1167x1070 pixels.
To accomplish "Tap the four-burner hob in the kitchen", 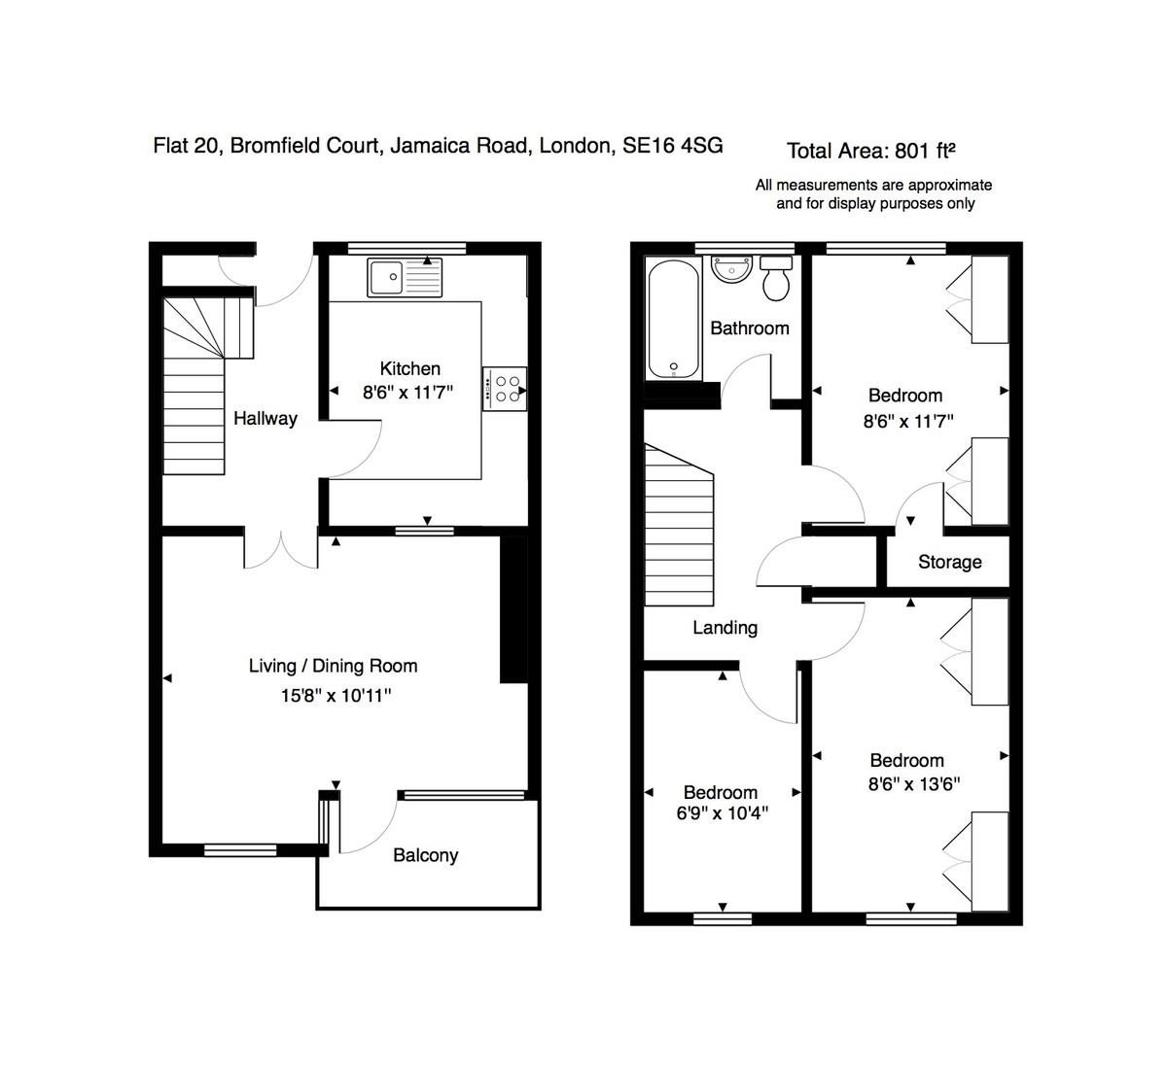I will click(505, 389).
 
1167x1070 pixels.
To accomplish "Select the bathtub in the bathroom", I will click(673, 320).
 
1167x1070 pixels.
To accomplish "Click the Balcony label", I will click(425, 855).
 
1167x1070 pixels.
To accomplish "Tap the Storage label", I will click(949, 562).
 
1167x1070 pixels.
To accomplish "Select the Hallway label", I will click(265, 419).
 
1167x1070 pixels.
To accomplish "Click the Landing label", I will click(725, 628).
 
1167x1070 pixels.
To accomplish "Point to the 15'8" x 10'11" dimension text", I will click(336, 696).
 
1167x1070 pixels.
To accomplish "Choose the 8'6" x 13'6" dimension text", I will click(913, 783).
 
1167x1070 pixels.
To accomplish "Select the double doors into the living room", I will click(280, 549).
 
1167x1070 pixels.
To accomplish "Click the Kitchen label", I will click(409, 368).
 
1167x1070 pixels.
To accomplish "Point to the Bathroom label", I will click(749, 328).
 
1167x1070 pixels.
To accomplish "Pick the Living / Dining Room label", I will click(333, 666).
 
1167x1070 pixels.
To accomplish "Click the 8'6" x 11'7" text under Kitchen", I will click(408, 393).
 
